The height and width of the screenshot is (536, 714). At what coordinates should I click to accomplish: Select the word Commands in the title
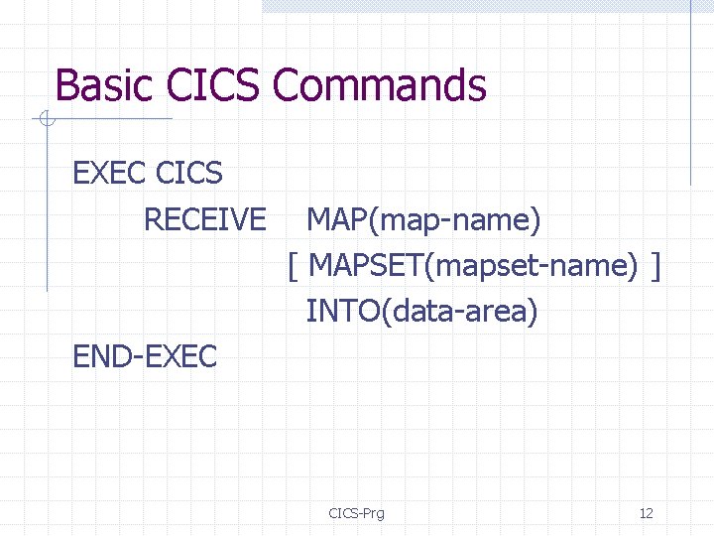[380, 85]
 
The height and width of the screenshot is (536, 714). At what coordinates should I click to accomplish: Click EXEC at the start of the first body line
[110, 173]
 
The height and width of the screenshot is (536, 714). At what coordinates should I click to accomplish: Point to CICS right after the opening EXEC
[189, 173]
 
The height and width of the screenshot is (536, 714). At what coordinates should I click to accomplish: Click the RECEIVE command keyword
[204, 219]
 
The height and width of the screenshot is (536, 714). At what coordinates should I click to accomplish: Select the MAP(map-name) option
[423, 219]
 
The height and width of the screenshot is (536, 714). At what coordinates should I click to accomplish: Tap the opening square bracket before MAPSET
[294, 266]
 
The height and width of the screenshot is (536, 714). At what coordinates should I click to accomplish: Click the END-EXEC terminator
[145, 356]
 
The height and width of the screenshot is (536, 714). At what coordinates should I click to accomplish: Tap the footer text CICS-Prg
[356, 513]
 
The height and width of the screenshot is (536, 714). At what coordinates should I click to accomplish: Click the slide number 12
[647, 513]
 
